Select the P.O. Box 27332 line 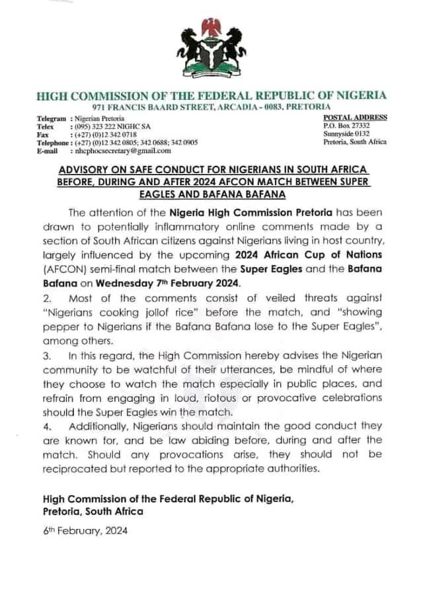[x=346, y=125]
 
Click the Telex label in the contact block [x=47, y=126]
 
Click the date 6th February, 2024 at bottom [x=85, y=531]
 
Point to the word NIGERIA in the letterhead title [x=357, y=95]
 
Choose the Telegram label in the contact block [x=52, y=117]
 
